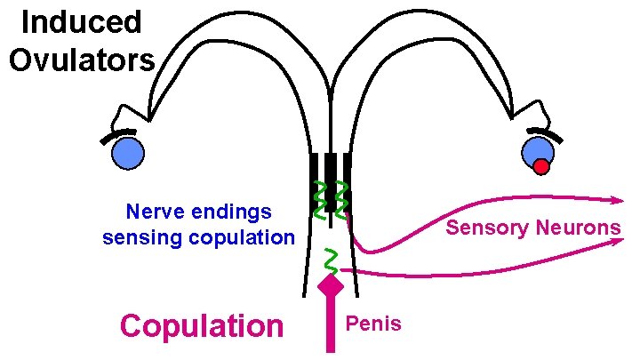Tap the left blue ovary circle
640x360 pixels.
click(x=127, y=153)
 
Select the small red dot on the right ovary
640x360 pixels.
click(x=541, y=165)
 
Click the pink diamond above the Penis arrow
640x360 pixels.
click(x=331, y=286)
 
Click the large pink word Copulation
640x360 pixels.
click(x=201, y=325)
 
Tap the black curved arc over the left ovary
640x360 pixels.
click(x=119, y=136)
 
